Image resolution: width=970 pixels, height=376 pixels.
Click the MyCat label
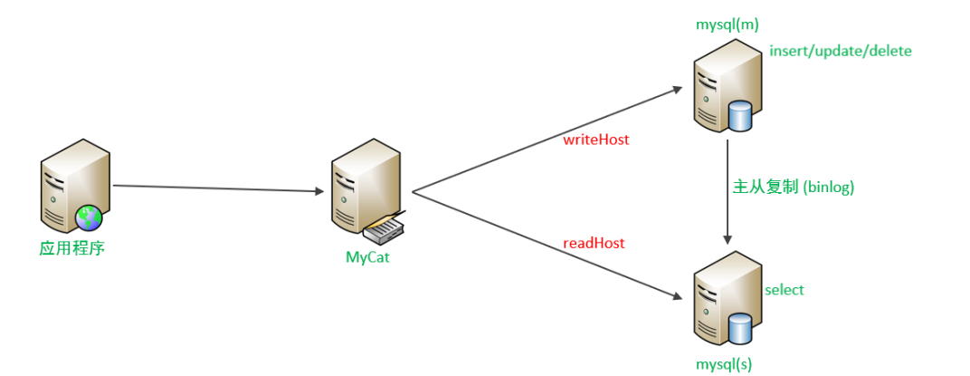pos(369,256)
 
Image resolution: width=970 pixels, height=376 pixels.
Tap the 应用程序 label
pos(72,247)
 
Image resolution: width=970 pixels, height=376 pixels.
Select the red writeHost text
pos(595,140)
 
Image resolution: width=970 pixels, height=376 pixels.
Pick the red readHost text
pos(594,243)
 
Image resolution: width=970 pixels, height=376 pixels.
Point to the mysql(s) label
pos(724,363)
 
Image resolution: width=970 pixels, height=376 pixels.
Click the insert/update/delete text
pos(841,51)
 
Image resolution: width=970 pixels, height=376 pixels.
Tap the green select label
pos(785,290)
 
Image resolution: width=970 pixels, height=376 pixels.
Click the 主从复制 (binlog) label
pos(794,187)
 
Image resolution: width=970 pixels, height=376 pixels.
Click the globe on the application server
pos(90,217)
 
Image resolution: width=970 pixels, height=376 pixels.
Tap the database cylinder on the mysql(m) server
pos(740,116)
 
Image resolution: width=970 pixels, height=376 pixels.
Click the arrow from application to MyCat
pos(217,188)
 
